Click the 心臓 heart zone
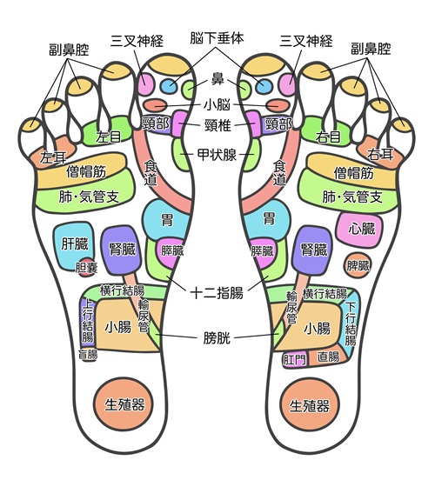coord(360,229)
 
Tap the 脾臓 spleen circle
coord(358,265)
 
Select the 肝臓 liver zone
coord(73,246)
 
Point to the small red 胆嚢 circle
coord(86,267)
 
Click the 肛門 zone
coord(294,359)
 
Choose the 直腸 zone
coord(328,357)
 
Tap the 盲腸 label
coord(88,355)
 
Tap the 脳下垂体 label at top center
coord(217,38)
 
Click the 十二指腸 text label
coord(217,293)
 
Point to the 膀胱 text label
coord(217,338)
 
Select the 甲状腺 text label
coord(217,155)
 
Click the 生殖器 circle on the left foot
coord(124,404)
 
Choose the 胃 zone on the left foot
coord(166,220)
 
